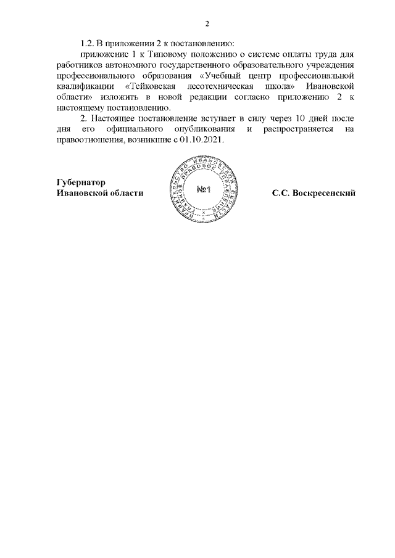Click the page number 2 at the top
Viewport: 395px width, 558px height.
click(x=207, y=24)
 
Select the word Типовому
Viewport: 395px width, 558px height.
click(x=171, y=55)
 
